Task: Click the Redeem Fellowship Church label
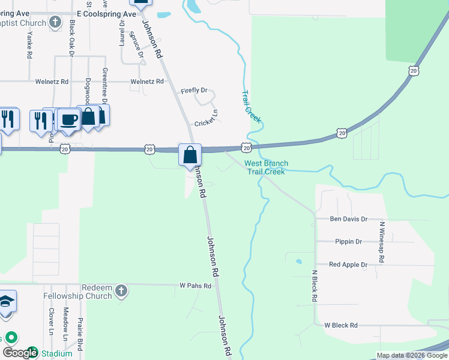click(x=77, y=292)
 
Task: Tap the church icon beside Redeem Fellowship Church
click(x=121, y=292)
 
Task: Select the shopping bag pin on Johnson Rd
click(x=190, y=155)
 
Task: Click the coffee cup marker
click(x=69, y=119)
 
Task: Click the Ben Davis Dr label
click(x=348, y=220)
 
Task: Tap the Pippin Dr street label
click(x=348, y=242)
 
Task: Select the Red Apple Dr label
click(x=348, y=265)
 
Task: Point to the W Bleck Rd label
click(x=340, y=325)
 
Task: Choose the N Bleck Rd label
click(x=314, y=285)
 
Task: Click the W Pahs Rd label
click(x=196, y=286)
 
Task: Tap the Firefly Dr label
click(x=194, y=91)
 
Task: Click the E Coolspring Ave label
click(x=106, y=13)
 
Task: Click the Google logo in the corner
click(x=19, y=353)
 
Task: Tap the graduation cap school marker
click(x=7, y=302)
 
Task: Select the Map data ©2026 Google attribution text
click(x=412, y=356)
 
